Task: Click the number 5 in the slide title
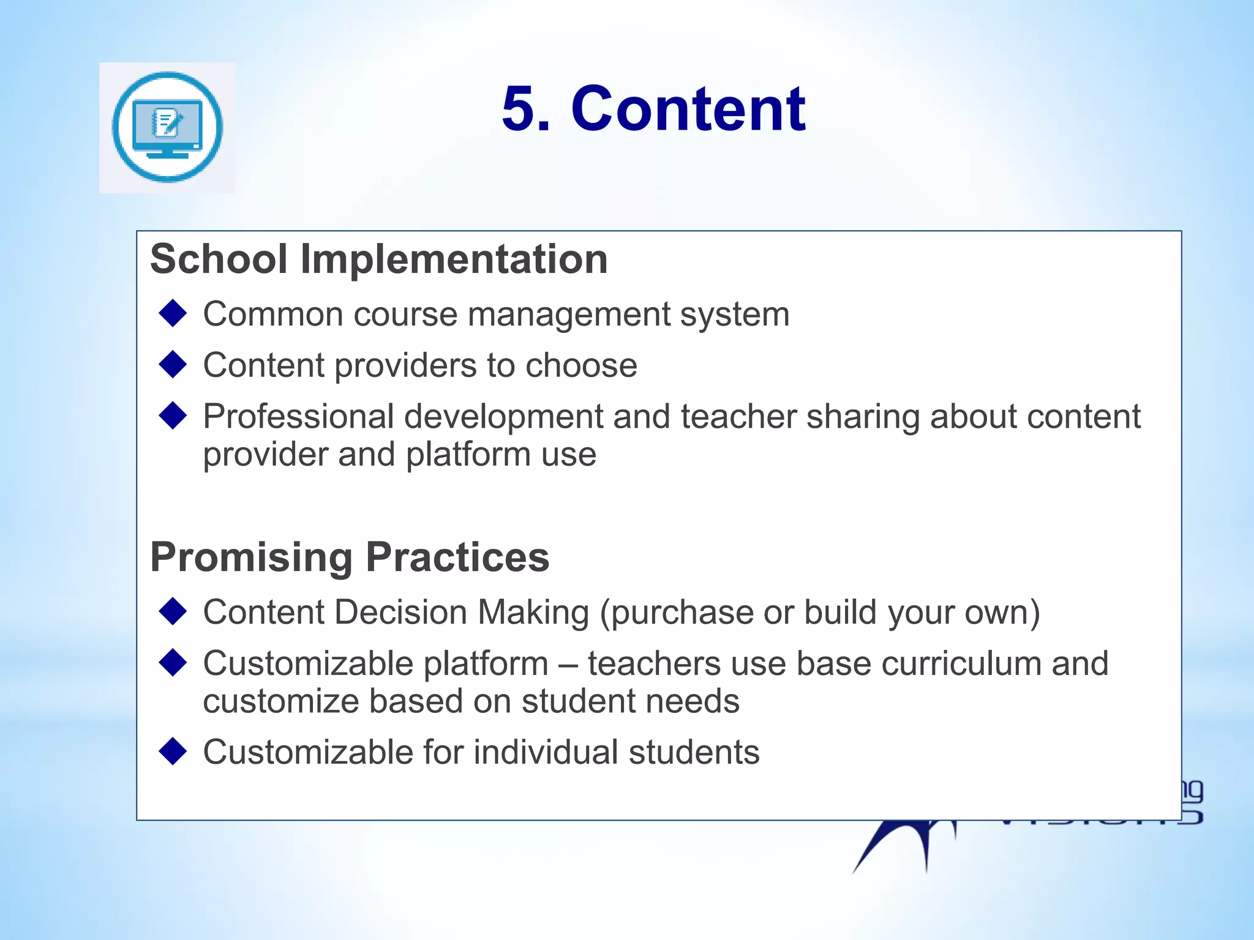click(x=525, y=109)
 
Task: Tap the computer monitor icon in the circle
click(x=167, y=127)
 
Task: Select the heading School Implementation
click(x=378, y=259)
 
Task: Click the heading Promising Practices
click(x=350, y=557)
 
